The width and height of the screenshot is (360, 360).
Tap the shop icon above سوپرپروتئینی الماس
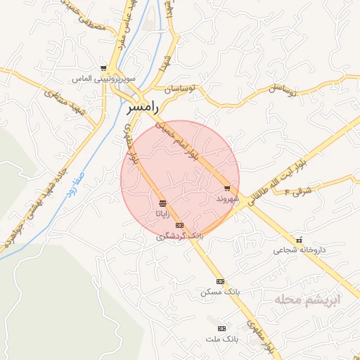click(103, 68)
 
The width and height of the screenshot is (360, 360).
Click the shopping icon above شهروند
click(226, 188)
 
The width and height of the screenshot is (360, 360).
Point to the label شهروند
click(229, 199)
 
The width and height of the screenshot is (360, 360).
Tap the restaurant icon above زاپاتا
click(162, 202)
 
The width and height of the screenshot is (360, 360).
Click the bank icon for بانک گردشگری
click(179, 225)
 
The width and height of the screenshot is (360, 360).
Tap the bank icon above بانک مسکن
click(220, 281)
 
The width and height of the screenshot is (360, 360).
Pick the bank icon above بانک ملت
click(222, 328)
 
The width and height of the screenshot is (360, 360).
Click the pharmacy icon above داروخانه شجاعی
click(300, 239)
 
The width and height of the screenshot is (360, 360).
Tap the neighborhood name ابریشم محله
click(307, 300)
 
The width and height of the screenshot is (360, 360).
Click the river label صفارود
click(71, 181)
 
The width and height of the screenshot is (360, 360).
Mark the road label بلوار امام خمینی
click(185, 146)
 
